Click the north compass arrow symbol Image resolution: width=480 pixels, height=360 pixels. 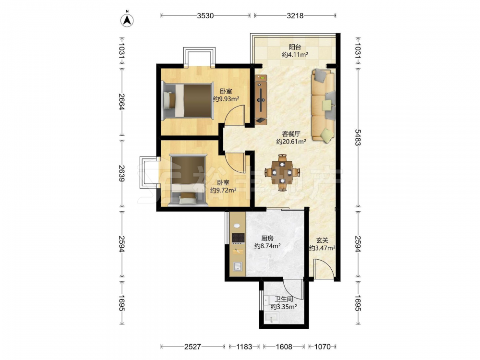pyautogui.click(x=127, y=20)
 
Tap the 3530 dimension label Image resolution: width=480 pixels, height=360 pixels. pyautogui.click(x=205, y=16)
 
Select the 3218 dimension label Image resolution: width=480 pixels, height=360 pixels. pyautogui.click(x=295, y=16)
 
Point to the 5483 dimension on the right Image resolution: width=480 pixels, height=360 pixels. pyautogui.click(x=358, y=137)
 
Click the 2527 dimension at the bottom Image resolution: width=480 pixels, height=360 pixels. pyautogui.click(x=192, y=347)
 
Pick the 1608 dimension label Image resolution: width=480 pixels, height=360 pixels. pyautogui.click(x=284, y=347)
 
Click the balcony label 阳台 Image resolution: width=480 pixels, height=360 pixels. pyautogui.click(x=295, y=47)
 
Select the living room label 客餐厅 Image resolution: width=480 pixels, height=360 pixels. pyautogui.click(x=291, y=134)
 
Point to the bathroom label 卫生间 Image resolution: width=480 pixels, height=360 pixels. pyautogui.click(x=284, y=299)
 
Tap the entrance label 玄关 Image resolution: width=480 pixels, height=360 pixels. pyautogui.click(x=322, y=240)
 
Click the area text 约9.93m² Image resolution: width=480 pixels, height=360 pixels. pyautogui.click(x=226, y=99)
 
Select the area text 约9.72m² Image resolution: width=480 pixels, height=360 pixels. pyautogui.click(x=223, y=190)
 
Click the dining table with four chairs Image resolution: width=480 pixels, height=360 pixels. pyautogui.click(x=282, y=173)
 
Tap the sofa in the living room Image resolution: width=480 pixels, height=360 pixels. pyautogui.click(x=323, y=106)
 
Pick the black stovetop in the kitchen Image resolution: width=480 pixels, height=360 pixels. pyautogui.click(x=238, y=238)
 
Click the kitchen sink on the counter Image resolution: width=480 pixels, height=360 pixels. pyautogui.click(x=238, y=267)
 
